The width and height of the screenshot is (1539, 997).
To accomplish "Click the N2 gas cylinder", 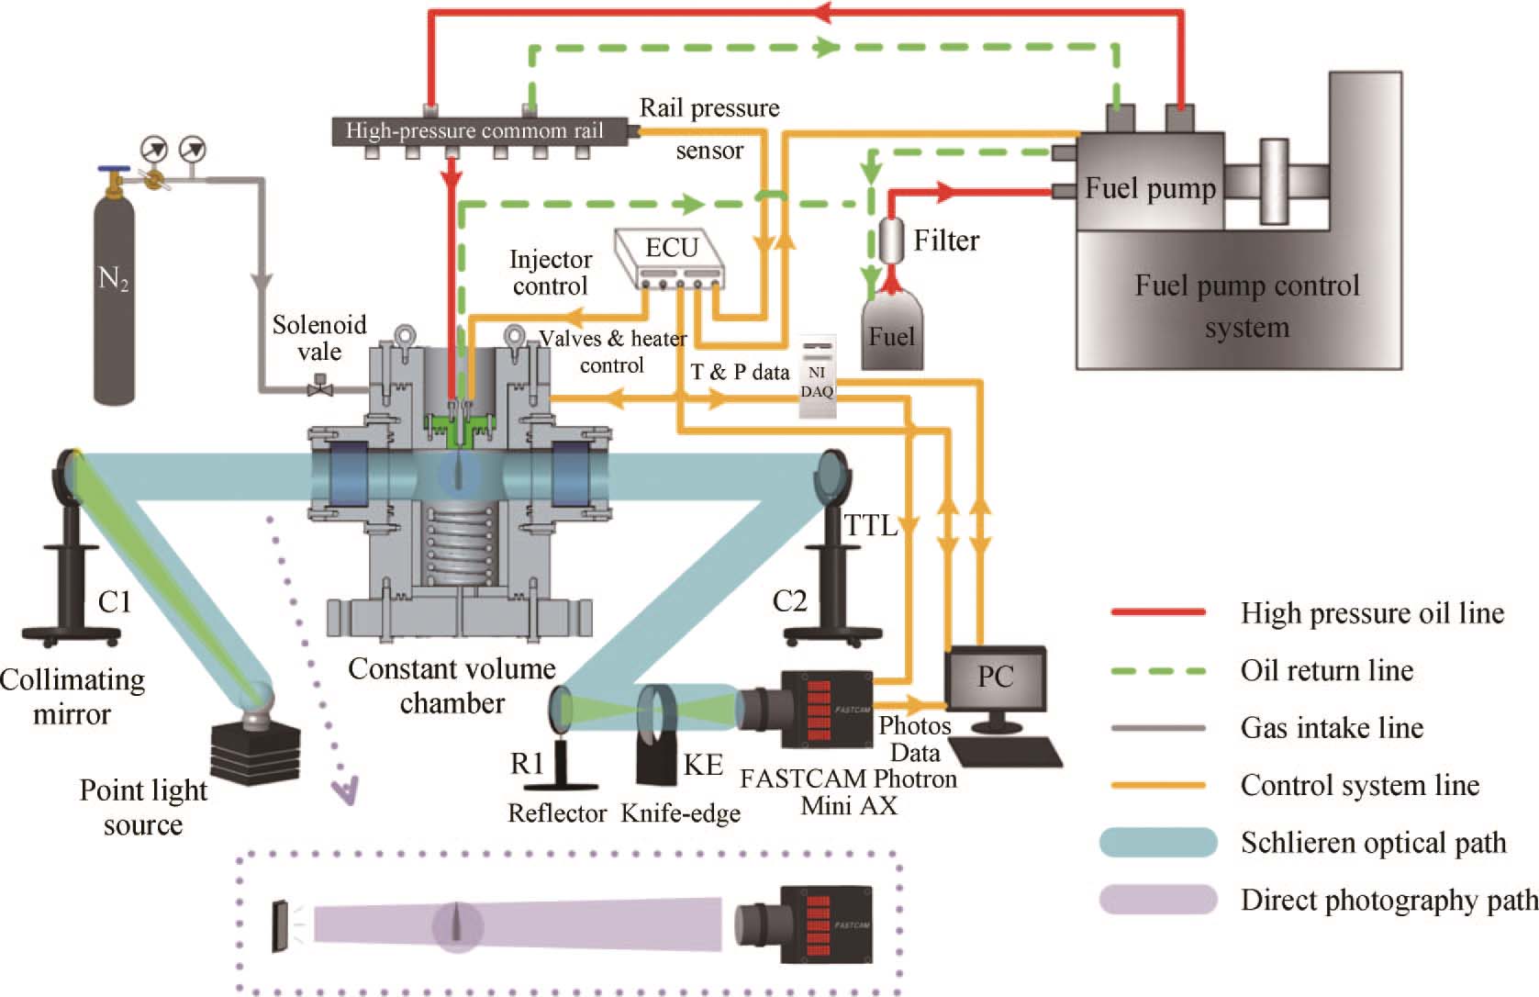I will click(114, 294).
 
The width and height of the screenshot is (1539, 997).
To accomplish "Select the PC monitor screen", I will click(996, 678).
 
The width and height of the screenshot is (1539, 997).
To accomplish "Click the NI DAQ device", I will click(817, 376).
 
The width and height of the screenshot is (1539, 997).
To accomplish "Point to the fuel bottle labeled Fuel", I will click(891, 330).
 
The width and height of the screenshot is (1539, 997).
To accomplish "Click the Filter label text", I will click(946, 241).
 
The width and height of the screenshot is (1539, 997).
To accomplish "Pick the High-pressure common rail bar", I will click(474, 131).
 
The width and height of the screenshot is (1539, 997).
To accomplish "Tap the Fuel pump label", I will click(1150, 189).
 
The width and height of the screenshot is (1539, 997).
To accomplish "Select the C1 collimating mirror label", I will click(115, 602).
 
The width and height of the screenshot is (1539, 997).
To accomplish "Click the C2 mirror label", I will click(789, 601).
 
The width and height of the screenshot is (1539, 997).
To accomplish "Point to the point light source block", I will click(255, 748).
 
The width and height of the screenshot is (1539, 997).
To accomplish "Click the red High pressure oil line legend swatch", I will click(1157, 612).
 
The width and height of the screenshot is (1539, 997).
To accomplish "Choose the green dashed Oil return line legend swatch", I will click(1157, 670).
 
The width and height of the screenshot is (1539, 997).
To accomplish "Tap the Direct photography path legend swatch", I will click(1157, 899).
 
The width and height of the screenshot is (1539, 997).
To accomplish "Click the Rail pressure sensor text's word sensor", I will click(709, 151).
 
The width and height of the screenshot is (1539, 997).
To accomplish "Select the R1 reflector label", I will click(527, 763).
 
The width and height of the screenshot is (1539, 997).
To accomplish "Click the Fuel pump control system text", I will click(1246, 306).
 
